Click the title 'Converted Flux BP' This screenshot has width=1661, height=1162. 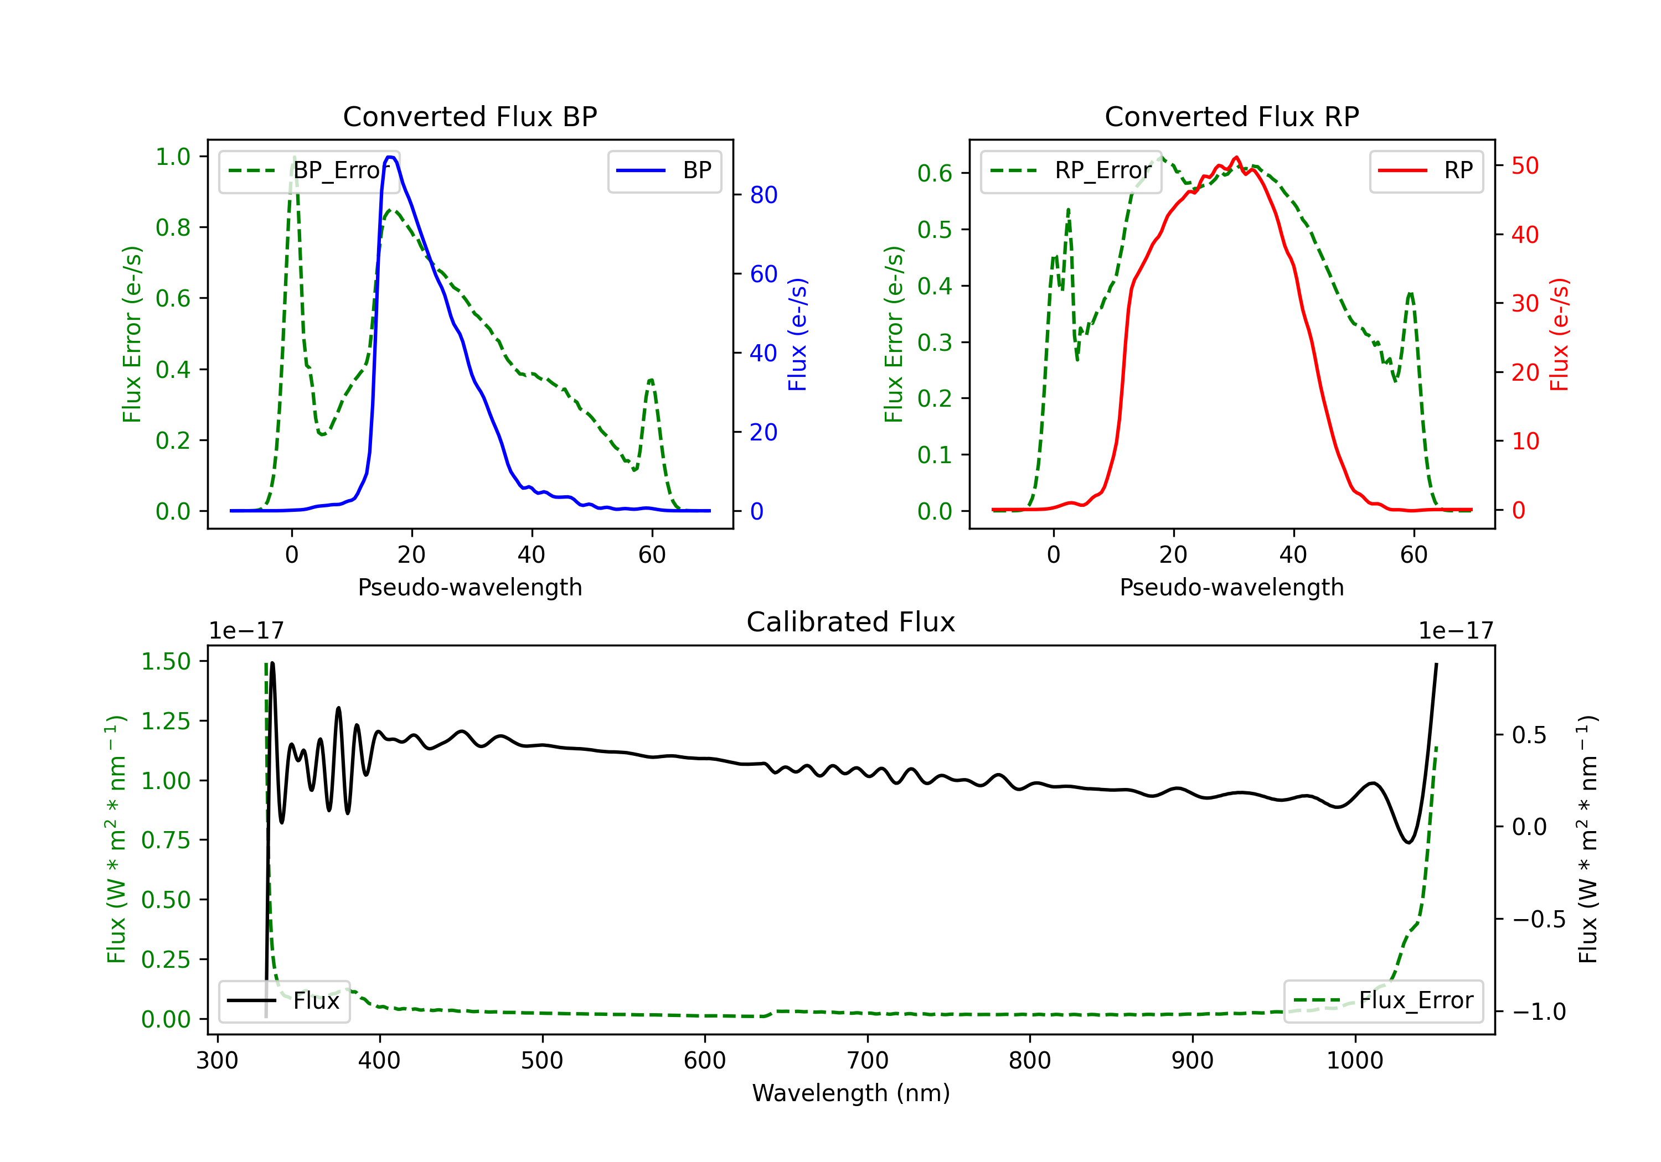point(470,116)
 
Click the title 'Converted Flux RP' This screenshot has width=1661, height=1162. point(1231,116)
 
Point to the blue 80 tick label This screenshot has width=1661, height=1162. point(763,195)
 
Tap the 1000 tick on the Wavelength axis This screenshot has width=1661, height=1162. point(1354,1061)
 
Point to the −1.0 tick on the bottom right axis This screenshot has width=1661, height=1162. point(1539,1011)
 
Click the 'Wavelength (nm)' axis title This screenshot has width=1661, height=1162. point(851,1093)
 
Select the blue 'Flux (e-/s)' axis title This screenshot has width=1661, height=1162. point(797,334)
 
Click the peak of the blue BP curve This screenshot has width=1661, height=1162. point(390,157)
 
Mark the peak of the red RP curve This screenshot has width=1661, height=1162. point(1236,158)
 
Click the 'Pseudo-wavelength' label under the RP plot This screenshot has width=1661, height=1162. point(1231,587)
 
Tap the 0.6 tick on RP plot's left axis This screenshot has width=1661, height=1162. point(934,174)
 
